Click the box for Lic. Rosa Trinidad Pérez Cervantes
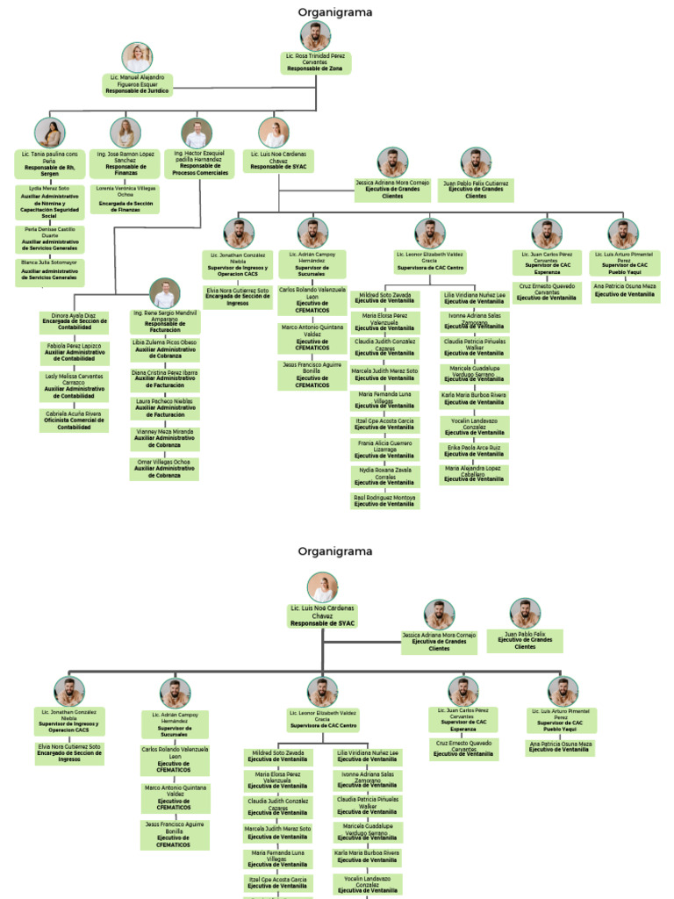tap(316, 62)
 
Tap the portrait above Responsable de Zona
tap(316, 36)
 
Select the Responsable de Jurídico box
tap(136, 84)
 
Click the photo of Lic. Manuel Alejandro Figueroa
tap(137, 57)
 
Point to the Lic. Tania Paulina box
tap(50, 162)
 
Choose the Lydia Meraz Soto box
tap(50, 201)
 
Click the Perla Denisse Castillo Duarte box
tap(50, 238)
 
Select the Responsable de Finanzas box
tap(125, 163)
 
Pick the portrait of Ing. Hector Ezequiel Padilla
tap(197, 133)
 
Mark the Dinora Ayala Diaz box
tap(75, 322)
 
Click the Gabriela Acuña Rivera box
tap(75, 420)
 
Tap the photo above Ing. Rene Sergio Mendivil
tap(165, 293)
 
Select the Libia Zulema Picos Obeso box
tap(165, 349)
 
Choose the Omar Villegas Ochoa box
tap(165, 468)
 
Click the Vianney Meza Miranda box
tap(165, 438)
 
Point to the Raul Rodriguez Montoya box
tap(384, 500)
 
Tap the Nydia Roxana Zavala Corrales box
tap(384, 475)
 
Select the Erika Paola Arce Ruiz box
tap(474, 450)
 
